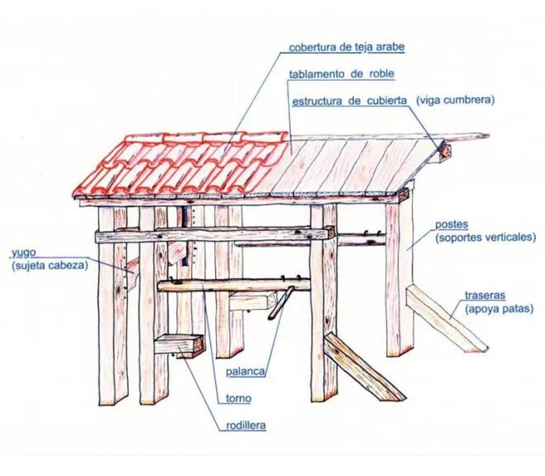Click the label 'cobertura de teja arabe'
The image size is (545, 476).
[347, 47]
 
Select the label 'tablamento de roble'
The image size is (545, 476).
[342, 74]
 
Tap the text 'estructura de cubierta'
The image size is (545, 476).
[350, 101]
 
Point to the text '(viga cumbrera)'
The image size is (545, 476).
[455, 100]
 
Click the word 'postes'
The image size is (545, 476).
[451, 225]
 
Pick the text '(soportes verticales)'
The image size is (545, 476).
[486, 237]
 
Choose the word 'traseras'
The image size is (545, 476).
[485, 296]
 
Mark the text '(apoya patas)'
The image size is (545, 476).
[499, 309]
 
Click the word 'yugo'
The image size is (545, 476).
[24, 253]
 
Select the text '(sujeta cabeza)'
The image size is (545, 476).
[50, 266]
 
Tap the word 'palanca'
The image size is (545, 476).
[245, 371]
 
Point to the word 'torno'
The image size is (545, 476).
[238, 399]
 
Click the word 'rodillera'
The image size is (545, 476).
[246, 426]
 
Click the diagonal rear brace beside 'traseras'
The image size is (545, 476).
[447, 320]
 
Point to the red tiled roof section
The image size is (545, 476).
[181, 165]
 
